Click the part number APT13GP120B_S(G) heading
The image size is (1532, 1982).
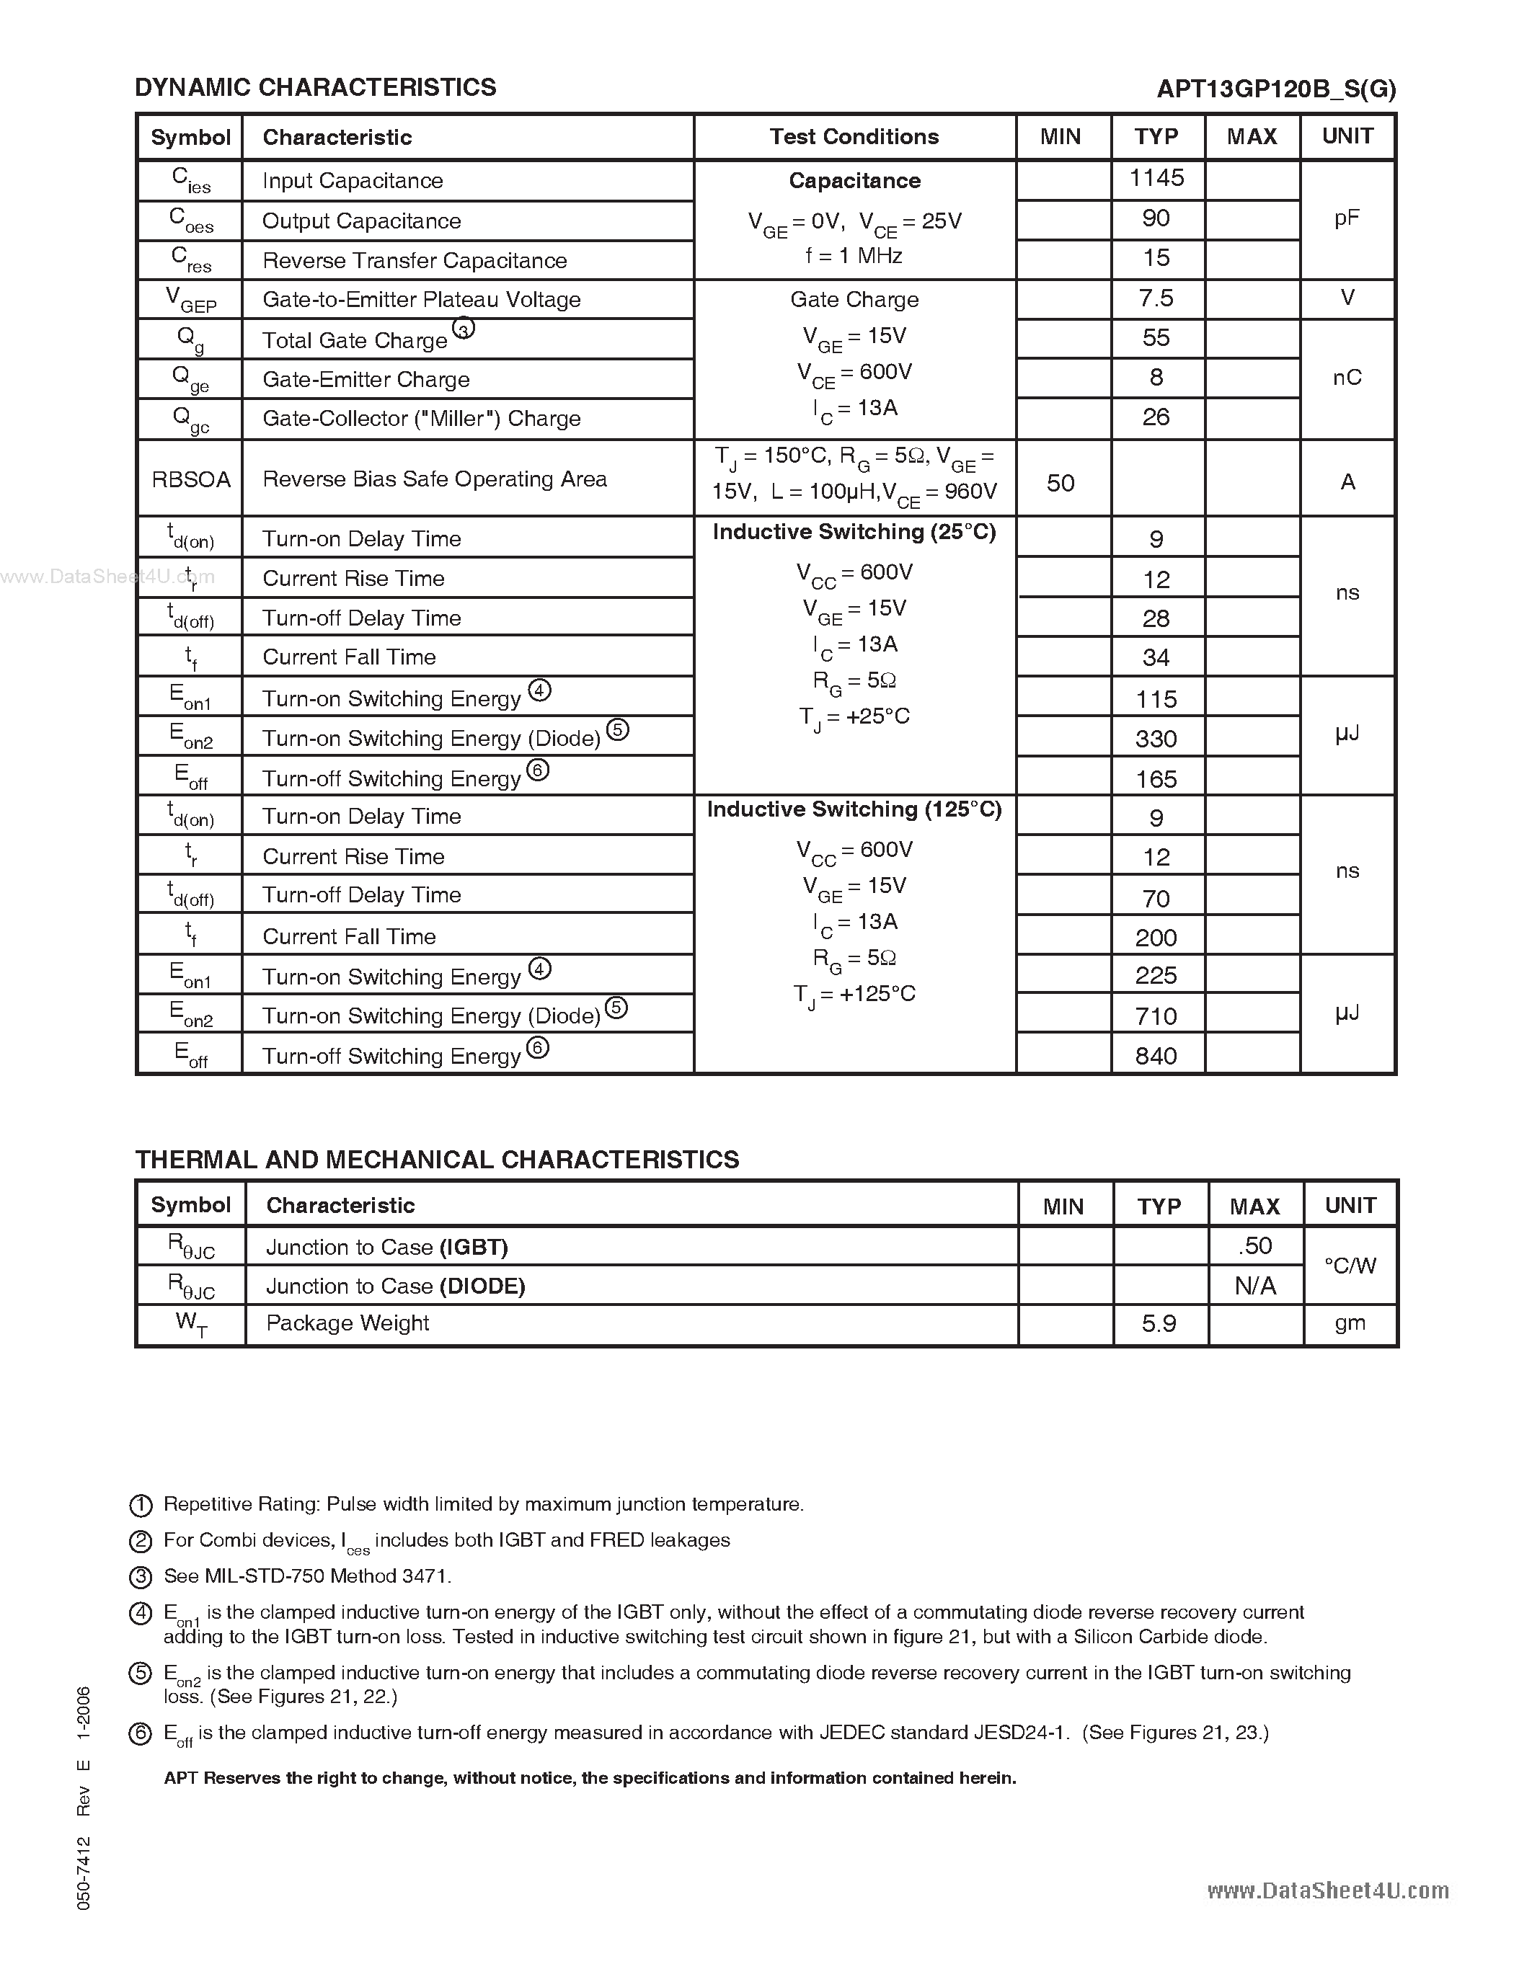(x=1276, y=89)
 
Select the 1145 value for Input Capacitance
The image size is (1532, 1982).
(x=1156, y=178)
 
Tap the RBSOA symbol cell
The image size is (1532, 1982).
(x=190, y=479)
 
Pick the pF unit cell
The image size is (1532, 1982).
(x=1347, y=218)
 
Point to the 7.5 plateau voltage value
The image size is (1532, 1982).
(x=1156, y=298)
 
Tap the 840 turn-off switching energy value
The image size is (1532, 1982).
(x=1156, y=1055)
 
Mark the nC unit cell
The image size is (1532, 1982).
(x=1347, y=378)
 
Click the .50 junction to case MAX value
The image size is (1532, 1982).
(x=1255, y=1246)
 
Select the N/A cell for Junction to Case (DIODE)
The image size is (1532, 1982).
(x=1255, y=1286)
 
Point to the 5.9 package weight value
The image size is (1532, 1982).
(x=1159, y=1324)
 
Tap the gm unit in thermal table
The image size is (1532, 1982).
(x=1350, y=1323)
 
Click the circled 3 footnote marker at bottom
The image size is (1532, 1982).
(x=141, y=1577)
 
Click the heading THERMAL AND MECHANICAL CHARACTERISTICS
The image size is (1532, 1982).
(x=437, y=1160)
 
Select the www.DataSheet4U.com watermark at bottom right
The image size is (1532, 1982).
(x=1328, y=1890)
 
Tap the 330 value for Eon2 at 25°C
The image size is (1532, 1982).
(x=1156, y=739)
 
